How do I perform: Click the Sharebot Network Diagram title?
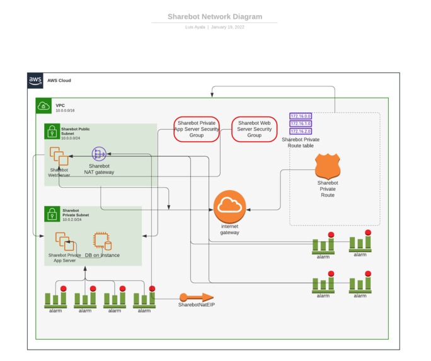coord(215,17)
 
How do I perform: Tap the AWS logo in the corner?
coord(35,81)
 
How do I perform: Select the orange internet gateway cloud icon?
coord(229,206)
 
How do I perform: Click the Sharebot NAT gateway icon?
coord(99,154)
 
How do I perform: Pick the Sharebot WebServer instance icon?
coord(59,156)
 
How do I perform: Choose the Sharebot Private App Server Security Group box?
coord(197,129)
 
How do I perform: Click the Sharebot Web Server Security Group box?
coord(254,129)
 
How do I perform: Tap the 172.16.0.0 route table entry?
coord(301,117)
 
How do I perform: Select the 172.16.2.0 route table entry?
coord(301,131)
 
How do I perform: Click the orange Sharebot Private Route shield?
coord(328,166)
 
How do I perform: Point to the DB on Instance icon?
coord(102,242)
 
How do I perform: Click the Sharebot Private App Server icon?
coord(65,242)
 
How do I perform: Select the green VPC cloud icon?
coord(43,106)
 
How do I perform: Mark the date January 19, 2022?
coord(227,27)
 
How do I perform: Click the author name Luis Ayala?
coord(195,27)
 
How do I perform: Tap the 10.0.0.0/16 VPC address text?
coord(66,111)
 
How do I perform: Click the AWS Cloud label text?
coord(59,81)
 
